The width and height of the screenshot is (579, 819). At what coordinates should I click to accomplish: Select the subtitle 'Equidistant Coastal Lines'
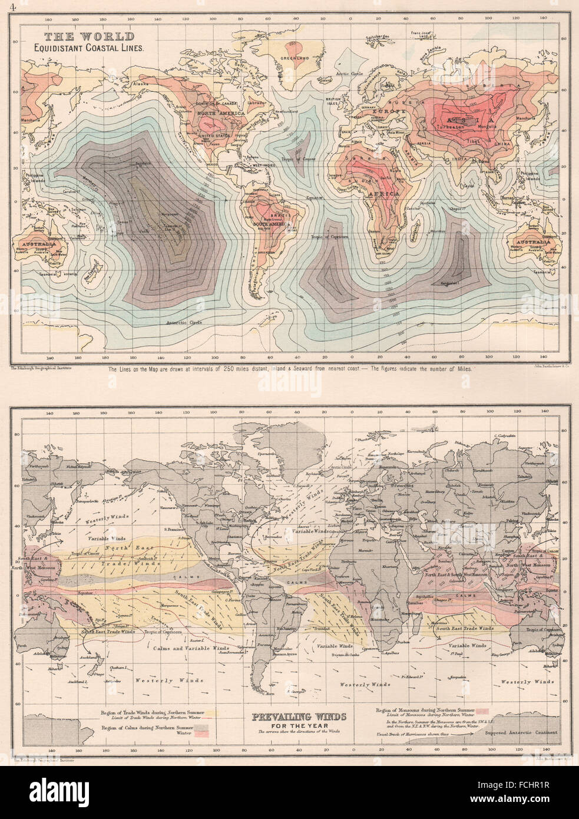coord(88,49)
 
